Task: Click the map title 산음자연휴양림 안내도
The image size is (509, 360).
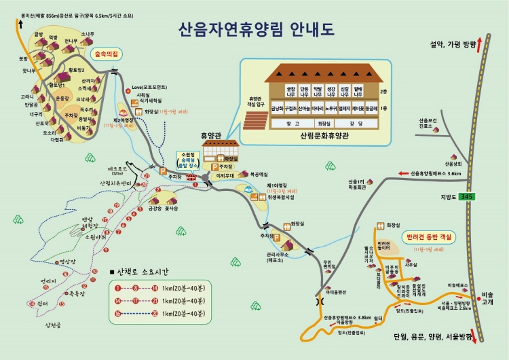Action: point(256,30)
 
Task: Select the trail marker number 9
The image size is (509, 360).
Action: point(107,250)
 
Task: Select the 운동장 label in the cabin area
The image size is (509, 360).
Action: point(62,98)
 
